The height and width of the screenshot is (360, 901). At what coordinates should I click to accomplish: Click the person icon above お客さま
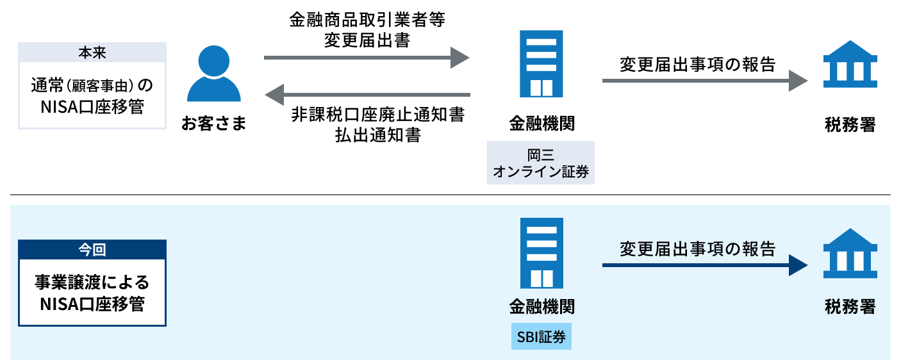click(213, 74)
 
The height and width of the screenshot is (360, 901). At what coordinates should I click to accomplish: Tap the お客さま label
click(213, 123)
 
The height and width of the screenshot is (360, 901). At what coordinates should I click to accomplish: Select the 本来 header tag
click(92, 52)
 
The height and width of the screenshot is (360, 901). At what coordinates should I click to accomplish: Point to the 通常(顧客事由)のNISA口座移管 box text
click(92, 95)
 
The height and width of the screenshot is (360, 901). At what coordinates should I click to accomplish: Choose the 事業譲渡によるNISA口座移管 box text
click(92, 292)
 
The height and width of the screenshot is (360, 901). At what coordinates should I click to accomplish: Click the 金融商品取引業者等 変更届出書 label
click(367, 30)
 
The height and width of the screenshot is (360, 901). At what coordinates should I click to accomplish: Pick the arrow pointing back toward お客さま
click(368, 95)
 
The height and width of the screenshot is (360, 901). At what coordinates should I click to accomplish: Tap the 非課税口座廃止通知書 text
click(377, 115)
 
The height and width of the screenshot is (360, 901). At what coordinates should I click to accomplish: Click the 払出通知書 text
click(377, 135)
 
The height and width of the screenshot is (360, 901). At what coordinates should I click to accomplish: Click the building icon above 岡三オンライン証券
click(541, 63)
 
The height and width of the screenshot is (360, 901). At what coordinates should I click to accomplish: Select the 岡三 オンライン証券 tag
click(541, 163)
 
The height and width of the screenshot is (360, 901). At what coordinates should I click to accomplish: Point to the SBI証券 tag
click(541, 336)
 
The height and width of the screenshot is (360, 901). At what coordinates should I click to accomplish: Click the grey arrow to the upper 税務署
click(704, 81)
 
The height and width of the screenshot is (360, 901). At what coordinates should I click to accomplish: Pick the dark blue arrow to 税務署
click(704, 265)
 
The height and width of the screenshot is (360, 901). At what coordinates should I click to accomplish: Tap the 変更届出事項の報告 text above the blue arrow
click(697, 249)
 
